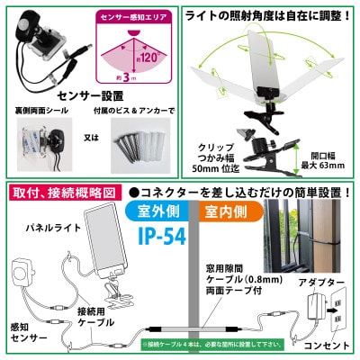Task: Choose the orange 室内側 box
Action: pyautogui.click(x=240, y=213)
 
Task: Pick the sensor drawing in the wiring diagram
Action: pyautogui.click(x=22, y=274)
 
